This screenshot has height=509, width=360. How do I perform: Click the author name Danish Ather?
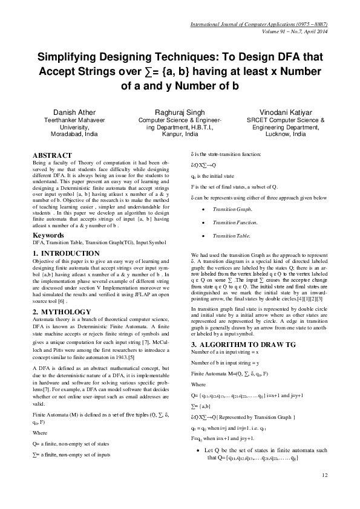74,112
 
